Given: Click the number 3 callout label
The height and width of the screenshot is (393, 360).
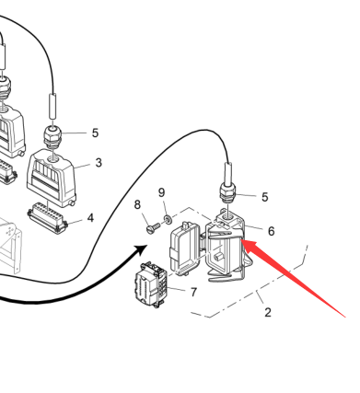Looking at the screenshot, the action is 99,163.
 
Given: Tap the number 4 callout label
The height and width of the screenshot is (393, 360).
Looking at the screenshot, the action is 90,218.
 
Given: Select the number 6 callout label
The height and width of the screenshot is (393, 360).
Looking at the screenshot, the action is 272,231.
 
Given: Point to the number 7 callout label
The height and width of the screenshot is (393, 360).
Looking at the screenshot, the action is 193,293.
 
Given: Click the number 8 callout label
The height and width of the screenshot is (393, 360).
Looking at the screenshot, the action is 137,204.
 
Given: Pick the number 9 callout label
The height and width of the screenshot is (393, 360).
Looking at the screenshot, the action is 162,192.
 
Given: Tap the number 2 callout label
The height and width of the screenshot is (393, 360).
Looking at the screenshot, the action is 268,313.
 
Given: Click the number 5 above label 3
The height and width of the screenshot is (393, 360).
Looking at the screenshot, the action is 96,133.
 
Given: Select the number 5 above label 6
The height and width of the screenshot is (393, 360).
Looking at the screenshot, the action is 265,197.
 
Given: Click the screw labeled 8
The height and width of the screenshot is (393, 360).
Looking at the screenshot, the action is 153,228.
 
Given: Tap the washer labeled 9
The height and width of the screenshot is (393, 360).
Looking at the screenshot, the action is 168,220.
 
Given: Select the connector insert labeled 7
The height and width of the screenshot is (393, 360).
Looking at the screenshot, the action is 151,284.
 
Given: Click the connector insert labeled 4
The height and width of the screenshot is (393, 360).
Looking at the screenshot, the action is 48,217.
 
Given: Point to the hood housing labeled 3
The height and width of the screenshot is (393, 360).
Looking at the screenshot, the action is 52,178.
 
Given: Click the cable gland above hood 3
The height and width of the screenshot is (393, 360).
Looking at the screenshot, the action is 52,137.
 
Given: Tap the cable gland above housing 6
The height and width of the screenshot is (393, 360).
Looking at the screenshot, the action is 227,192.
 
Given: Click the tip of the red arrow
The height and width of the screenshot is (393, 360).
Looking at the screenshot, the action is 241,240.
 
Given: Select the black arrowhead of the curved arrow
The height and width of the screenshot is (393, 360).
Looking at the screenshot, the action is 142,249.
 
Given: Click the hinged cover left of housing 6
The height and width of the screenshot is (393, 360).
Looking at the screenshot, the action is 184,249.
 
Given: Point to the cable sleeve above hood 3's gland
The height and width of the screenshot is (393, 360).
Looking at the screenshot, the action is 53,107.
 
